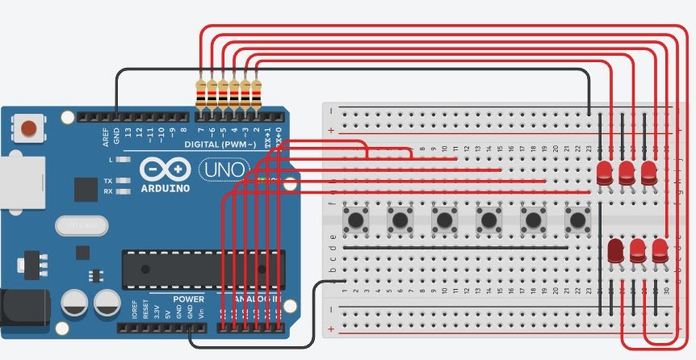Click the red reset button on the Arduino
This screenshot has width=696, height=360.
pyautogui.click(x=29, y=128)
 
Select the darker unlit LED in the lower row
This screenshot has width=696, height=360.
pyautogui.click(x=615, y=251)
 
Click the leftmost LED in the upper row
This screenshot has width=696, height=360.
pyautogui.click(x=605, y=172)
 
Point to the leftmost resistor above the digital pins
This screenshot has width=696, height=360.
pyautogui.click(x=201, y=94)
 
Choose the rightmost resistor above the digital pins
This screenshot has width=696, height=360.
pyautogui.click(x=257, y=94)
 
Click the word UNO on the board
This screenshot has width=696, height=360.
pyautogui.click(x=216, y=170)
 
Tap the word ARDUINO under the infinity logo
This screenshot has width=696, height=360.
pyautogui.click(x=164, y=188)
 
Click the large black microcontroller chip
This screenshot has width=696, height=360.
pyautogui.click(x=202, y=269)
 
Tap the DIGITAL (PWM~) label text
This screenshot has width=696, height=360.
pyautogui.click(x=220, y=144)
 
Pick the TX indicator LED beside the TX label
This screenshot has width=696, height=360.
pyautogui.click(x=124, y=181)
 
